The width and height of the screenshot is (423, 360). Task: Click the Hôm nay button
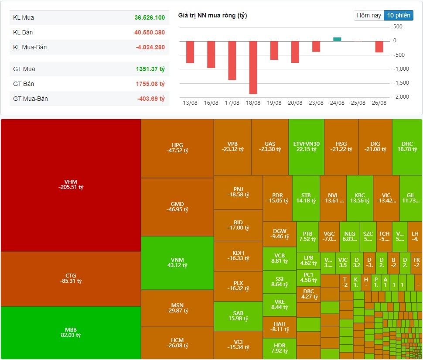[369, 15]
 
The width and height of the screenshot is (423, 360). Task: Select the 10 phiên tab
[399, 15]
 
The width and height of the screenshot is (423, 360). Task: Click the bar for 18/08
[253, 67]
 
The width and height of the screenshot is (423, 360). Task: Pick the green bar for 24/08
[337, 39]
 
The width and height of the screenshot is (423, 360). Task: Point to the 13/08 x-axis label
[190, 103]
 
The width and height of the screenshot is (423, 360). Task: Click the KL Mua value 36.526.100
[150, 18]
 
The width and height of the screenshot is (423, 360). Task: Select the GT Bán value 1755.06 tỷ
[150, 84]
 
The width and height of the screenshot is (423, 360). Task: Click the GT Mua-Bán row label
[31, 99]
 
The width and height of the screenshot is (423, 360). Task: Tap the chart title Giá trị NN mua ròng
[212, 16]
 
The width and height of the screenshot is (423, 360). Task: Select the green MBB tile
[71, 333]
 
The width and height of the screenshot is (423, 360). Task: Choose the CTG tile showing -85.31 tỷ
[71, 278]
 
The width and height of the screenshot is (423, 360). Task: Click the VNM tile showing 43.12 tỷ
[177, 263]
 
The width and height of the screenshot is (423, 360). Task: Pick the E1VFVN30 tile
[306, 147]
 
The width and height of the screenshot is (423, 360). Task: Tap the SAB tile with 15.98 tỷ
[238, 316]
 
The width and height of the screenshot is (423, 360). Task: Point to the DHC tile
[407, 147]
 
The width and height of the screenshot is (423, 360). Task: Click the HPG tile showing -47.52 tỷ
[177, 148]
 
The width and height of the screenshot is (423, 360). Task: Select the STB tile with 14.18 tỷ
[306, 198]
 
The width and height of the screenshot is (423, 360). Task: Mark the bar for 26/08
[379, 47]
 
